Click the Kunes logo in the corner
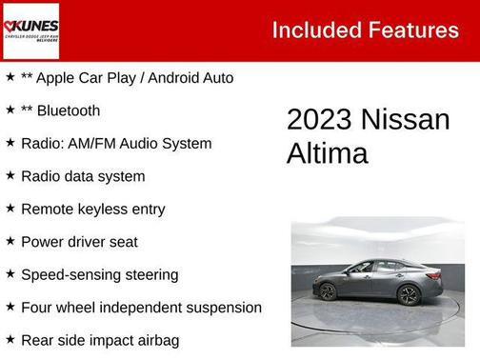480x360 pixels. [x=30, y=30]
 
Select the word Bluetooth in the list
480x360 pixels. [x=69, y=110]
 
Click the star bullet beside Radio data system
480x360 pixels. [x=10, y=175]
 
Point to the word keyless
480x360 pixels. [x=106, y=209]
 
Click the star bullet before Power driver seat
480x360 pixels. [x=10, y=241]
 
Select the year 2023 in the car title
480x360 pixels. [x=319, y=120]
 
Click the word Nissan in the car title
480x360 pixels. [x=406, y=120]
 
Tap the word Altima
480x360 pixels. [x=327, y=153]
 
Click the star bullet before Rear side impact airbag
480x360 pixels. [x=10, y=339]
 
